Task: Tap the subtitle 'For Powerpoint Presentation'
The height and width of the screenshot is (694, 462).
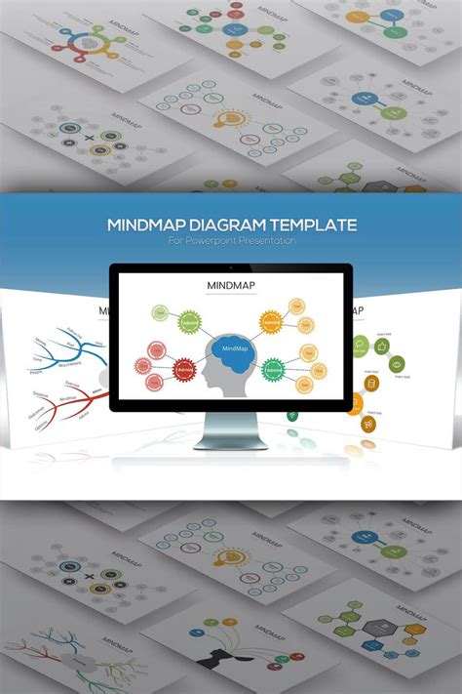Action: [231, 240]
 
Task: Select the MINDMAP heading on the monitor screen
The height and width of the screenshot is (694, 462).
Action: [231, 286]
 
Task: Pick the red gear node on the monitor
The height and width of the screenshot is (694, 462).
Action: [185, 370]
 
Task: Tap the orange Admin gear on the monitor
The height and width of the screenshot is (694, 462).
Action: [271, 321]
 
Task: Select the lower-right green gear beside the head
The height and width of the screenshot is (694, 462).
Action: [275, 369]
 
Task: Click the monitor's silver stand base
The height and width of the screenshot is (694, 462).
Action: [231, 440]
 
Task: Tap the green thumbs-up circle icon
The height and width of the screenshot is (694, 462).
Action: [382, 345]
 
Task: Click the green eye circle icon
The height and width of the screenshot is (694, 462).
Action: [397, 364]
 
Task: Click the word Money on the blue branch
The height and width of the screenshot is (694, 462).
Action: [40, 341]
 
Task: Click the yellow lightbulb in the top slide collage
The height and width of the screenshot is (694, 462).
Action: [232, 120]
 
